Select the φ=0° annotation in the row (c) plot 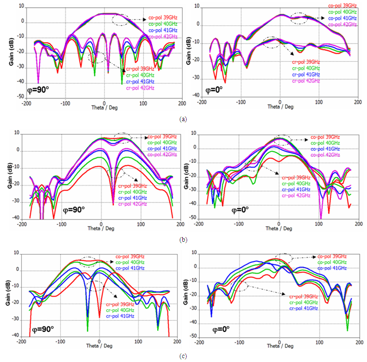209,331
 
